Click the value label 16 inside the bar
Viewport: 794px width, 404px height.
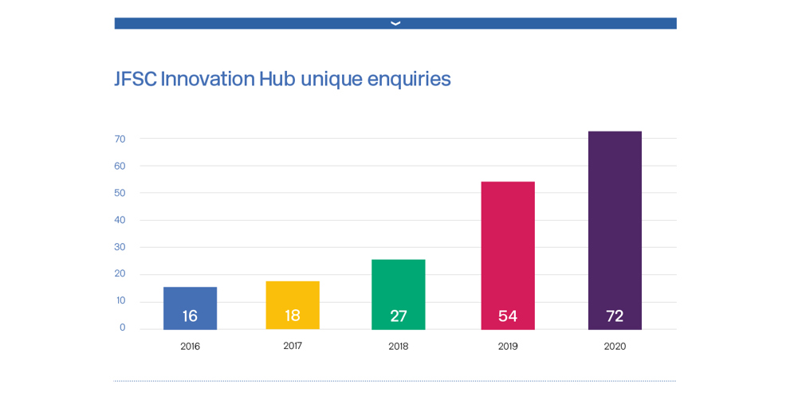click(190, 316)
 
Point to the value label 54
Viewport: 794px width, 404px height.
click(508, 316)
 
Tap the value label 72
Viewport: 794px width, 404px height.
click(615, 316)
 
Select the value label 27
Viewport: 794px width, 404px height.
click(398, 316)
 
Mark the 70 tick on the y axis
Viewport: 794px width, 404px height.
click(120, 139)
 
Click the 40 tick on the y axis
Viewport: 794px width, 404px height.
click(120, 220)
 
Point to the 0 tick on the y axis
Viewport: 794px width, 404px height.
click(122, 328)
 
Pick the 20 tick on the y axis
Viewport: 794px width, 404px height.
click(120, 273)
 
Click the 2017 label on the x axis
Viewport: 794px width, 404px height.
click(293, 346)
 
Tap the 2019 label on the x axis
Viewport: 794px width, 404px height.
click(508, 347)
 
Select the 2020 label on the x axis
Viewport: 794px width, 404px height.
click(615, 347)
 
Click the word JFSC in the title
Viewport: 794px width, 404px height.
click(136, 79)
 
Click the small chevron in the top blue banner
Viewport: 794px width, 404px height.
click(395, 23)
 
